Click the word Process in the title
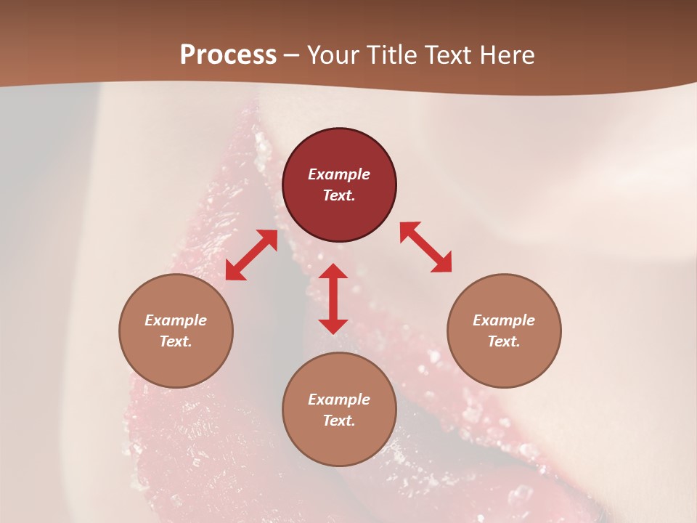[228, 55]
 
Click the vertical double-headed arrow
[333, 299]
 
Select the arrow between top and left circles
[251, 255]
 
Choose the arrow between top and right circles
[425, 248]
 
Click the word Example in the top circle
[339, 174]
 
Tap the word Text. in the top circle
[339, 195]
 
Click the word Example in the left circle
[176, 320]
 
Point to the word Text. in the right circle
[504, 341]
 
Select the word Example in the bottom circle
[339, 400]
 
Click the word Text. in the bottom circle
[339, 421]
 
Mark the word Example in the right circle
[504, 320]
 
